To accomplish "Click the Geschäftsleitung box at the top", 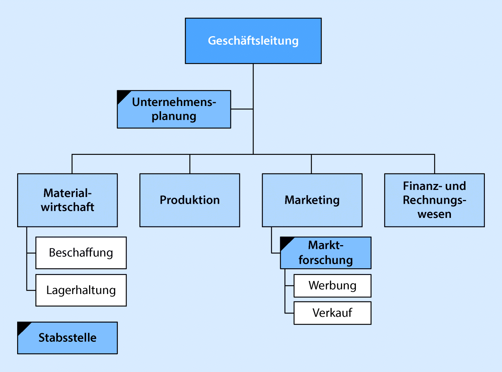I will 253,41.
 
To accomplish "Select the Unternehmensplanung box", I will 174,109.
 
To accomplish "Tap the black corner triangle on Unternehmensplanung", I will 122,96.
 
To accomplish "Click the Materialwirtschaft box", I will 67,200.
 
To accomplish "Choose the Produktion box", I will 190,200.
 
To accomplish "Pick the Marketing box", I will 312,200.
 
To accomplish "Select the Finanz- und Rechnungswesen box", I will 434,200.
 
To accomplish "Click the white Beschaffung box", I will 81,253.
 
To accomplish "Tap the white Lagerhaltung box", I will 81,290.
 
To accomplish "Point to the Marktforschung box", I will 325,253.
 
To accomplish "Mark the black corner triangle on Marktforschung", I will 285,242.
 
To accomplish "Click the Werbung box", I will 332,286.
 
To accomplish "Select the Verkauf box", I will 332,313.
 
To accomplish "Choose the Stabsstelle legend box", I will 67,338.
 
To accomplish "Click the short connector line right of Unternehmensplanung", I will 242,109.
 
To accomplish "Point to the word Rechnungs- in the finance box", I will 434,200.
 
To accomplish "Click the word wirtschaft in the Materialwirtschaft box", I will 67,207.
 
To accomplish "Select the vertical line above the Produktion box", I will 190,164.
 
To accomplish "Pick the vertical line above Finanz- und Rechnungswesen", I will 435,164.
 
